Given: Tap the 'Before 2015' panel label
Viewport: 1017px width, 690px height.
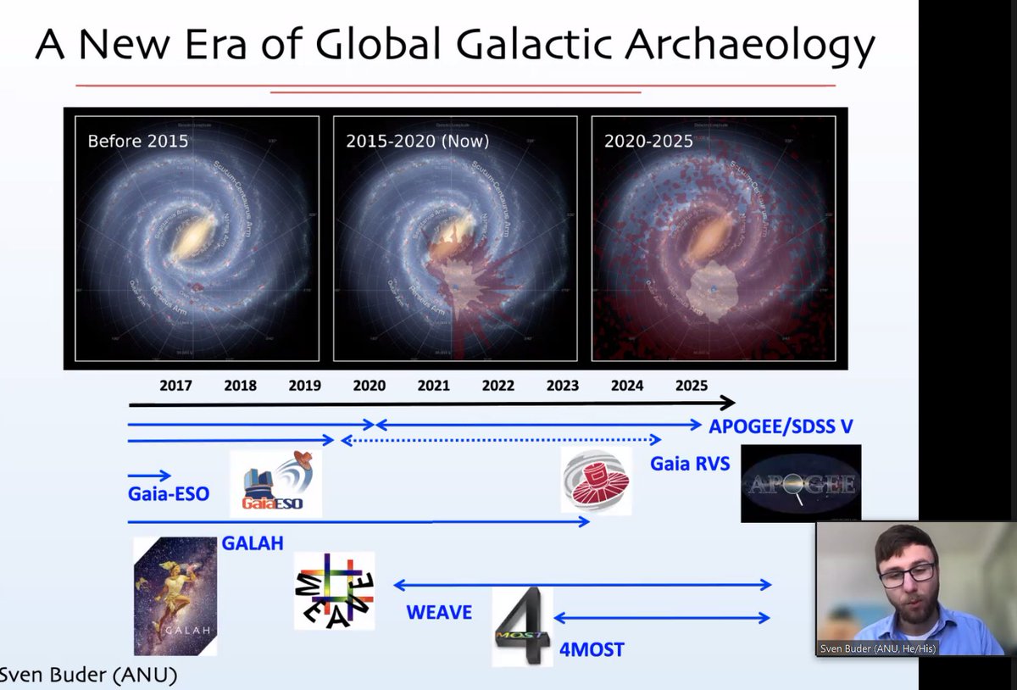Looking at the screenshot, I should [138, 141].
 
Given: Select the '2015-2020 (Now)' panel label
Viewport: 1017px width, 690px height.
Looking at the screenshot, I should [417, 141].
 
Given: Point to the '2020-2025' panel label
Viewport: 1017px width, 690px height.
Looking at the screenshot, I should [648, 141].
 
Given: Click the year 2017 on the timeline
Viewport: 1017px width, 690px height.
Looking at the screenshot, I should [175, 386].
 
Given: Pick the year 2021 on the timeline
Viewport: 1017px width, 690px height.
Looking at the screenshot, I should [433, 386].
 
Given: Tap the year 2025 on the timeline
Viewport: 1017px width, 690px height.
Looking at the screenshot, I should [691, 386].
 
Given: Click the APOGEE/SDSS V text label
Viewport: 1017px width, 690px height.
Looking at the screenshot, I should [781, 427].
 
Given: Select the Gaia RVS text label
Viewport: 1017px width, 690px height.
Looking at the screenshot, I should [689, 465].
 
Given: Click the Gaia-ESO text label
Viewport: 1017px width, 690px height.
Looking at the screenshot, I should [169, 493].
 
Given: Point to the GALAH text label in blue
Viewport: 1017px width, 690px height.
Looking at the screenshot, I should [252, 543].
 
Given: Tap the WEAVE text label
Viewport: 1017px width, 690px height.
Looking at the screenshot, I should [438, 612].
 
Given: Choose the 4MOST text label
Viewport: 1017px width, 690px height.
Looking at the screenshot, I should [591, 650].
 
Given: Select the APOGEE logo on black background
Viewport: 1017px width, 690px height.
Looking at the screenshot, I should [801, 483].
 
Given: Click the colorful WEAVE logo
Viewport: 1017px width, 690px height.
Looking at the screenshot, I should [334, 591].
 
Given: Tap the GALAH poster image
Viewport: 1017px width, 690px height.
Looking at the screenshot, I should [175, 596].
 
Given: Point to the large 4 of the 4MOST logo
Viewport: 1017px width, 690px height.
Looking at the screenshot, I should [524, 627].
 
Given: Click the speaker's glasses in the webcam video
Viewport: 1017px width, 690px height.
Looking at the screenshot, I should [906, 576].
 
